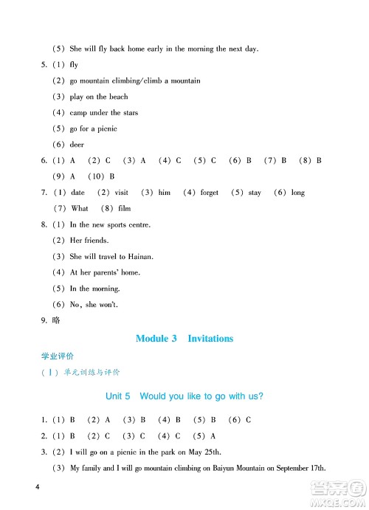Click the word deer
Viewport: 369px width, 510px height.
pos(77,145)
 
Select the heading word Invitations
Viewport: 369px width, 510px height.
pos(210,339)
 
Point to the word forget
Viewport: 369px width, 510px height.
pos(210,193)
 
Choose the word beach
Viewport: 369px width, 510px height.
pos(118,97)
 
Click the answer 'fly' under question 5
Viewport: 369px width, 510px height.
pos(74,65)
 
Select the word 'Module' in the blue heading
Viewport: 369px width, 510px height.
pos(153,339)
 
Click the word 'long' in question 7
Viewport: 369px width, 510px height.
pos(297,193)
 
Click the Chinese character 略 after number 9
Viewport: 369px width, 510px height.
pos(58,320)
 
